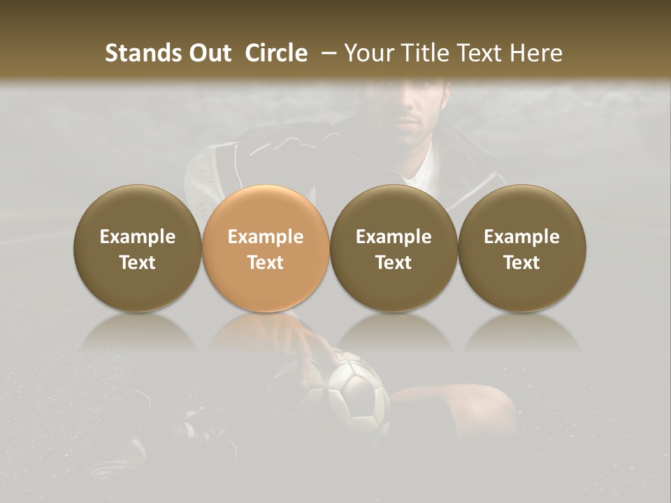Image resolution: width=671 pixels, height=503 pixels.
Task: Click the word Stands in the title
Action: [143, 53]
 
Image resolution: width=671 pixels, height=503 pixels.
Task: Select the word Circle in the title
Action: [276, 53]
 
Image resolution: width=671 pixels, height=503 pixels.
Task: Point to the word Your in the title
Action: [368, 53]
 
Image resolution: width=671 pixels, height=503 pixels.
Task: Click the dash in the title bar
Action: [326, 53]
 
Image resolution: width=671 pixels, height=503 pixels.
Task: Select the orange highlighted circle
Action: [266, 248]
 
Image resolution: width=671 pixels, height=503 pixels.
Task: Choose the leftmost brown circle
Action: [138, 248]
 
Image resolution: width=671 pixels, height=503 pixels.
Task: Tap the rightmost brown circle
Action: [522, 248]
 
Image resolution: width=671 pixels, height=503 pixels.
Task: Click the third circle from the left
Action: [394, 248]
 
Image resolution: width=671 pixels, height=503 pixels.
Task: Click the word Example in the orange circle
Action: [266, 237]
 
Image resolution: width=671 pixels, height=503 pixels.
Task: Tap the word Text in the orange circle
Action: [266, 263]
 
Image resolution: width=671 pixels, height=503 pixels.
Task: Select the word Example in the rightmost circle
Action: [522, 237]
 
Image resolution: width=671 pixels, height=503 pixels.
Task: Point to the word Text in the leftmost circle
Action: [138, 263]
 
